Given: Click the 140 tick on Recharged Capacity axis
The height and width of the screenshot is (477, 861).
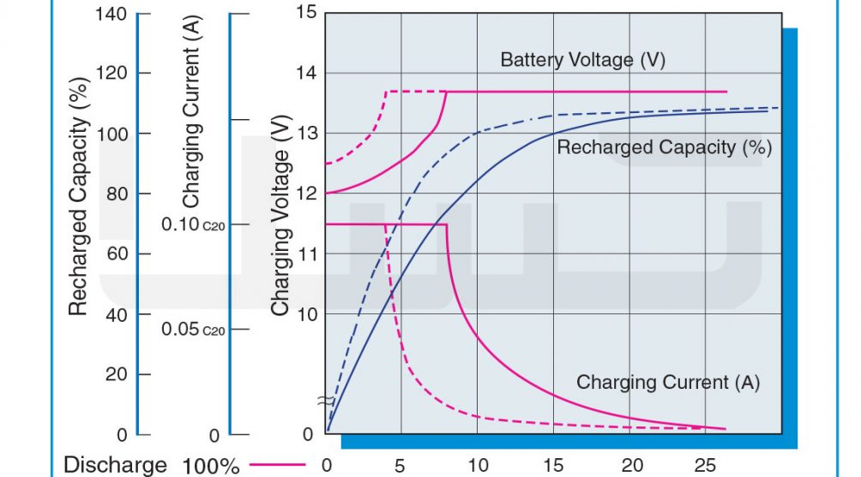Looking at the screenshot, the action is tap(111, 14).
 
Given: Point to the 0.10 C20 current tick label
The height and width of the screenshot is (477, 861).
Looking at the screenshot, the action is tap(193, 224).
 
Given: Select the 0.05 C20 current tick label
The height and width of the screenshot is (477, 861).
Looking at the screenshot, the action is tap(193, 329).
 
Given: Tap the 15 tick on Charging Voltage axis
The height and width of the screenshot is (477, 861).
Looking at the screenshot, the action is tap(307, 12).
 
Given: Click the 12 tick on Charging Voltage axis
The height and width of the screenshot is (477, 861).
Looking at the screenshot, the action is tap(307, 194).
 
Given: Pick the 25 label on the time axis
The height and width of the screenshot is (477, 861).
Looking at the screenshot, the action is tap(705, 466).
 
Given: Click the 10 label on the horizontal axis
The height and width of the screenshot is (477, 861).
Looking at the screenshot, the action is tap(478, 466).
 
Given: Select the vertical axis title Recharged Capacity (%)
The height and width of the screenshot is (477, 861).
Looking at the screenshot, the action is tap(79, 196).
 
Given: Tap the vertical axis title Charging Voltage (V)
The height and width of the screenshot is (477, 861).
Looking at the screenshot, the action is tap(280, 216).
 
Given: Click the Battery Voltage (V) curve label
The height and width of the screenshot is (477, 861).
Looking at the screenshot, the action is tap(582, 59).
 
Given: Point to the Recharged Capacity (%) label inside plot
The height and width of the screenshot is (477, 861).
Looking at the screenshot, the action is tap(665, 147).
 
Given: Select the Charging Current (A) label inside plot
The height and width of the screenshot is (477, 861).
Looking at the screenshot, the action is tap(668, 382).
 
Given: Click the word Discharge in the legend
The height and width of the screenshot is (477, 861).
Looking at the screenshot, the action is tap(115, 465).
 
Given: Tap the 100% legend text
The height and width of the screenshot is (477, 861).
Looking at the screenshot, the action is tap(211, 466).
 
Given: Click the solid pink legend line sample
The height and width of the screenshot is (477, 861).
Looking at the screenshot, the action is tap(277, 464).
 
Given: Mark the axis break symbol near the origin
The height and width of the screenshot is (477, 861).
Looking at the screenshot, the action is tap(325, 402).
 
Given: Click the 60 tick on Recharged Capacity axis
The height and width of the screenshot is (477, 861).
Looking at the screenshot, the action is tap(117, 253).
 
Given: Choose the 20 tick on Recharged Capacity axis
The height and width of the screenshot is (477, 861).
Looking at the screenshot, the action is tap(117, 374).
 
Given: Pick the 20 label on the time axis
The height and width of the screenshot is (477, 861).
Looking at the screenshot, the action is tap(632, 466).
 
